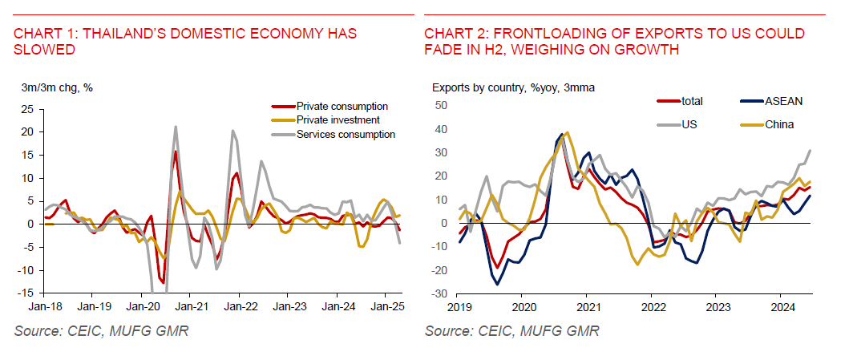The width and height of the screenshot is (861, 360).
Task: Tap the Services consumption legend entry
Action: tap(346, 134)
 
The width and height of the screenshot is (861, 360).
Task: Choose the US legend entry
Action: tap(689, 125)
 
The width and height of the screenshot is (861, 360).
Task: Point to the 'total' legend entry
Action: tap(692, 101)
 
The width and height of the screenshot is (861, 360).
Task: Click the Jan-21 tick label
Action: tap(189, 306)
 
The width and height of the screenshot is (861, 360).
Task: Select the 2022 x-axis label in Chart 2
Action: tap(653, 306)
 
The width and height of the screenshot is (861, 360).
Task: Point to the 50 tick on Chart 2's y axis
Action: tap(439, 105)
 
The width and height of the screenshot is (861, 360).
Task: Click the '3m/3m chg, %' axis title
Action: tap(57, 87)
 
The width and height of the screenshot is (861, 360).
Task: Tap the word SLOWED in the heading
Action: tap(45, 49)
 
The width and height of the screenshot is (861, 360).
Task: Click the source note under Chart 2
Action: tap(511, 331)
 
